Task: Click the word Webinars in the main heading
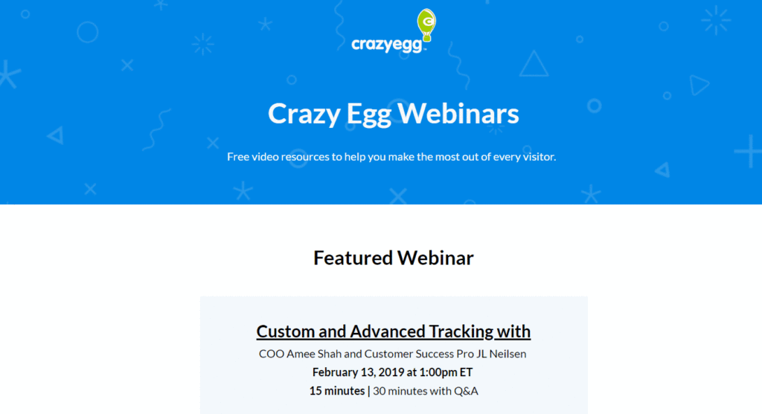tap(458, 114)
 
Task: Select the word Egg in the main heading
tap(369, 114)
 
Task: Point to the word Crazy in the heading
tap(304, 114)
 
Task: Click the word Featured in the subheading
tap(352, 258)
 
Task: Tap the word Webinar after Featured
tap(435, 258)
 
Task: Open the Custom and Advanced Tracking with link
tap(394, 331)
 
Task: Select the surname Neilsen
tap(508, 354)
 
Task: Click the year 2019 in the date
tap(391, 372)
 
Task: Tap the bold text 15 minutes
tap(337, 391)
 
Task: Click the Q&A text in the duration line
tap(466, 391)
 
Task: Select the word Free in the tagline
tap(237, 157)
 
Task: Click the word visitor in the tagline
tap(540, 157)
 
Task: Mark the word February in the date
tap(335, 372)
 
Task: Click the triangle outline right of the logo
tap(534, 64)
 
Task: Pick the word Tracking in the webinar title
tap(461, 331)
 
